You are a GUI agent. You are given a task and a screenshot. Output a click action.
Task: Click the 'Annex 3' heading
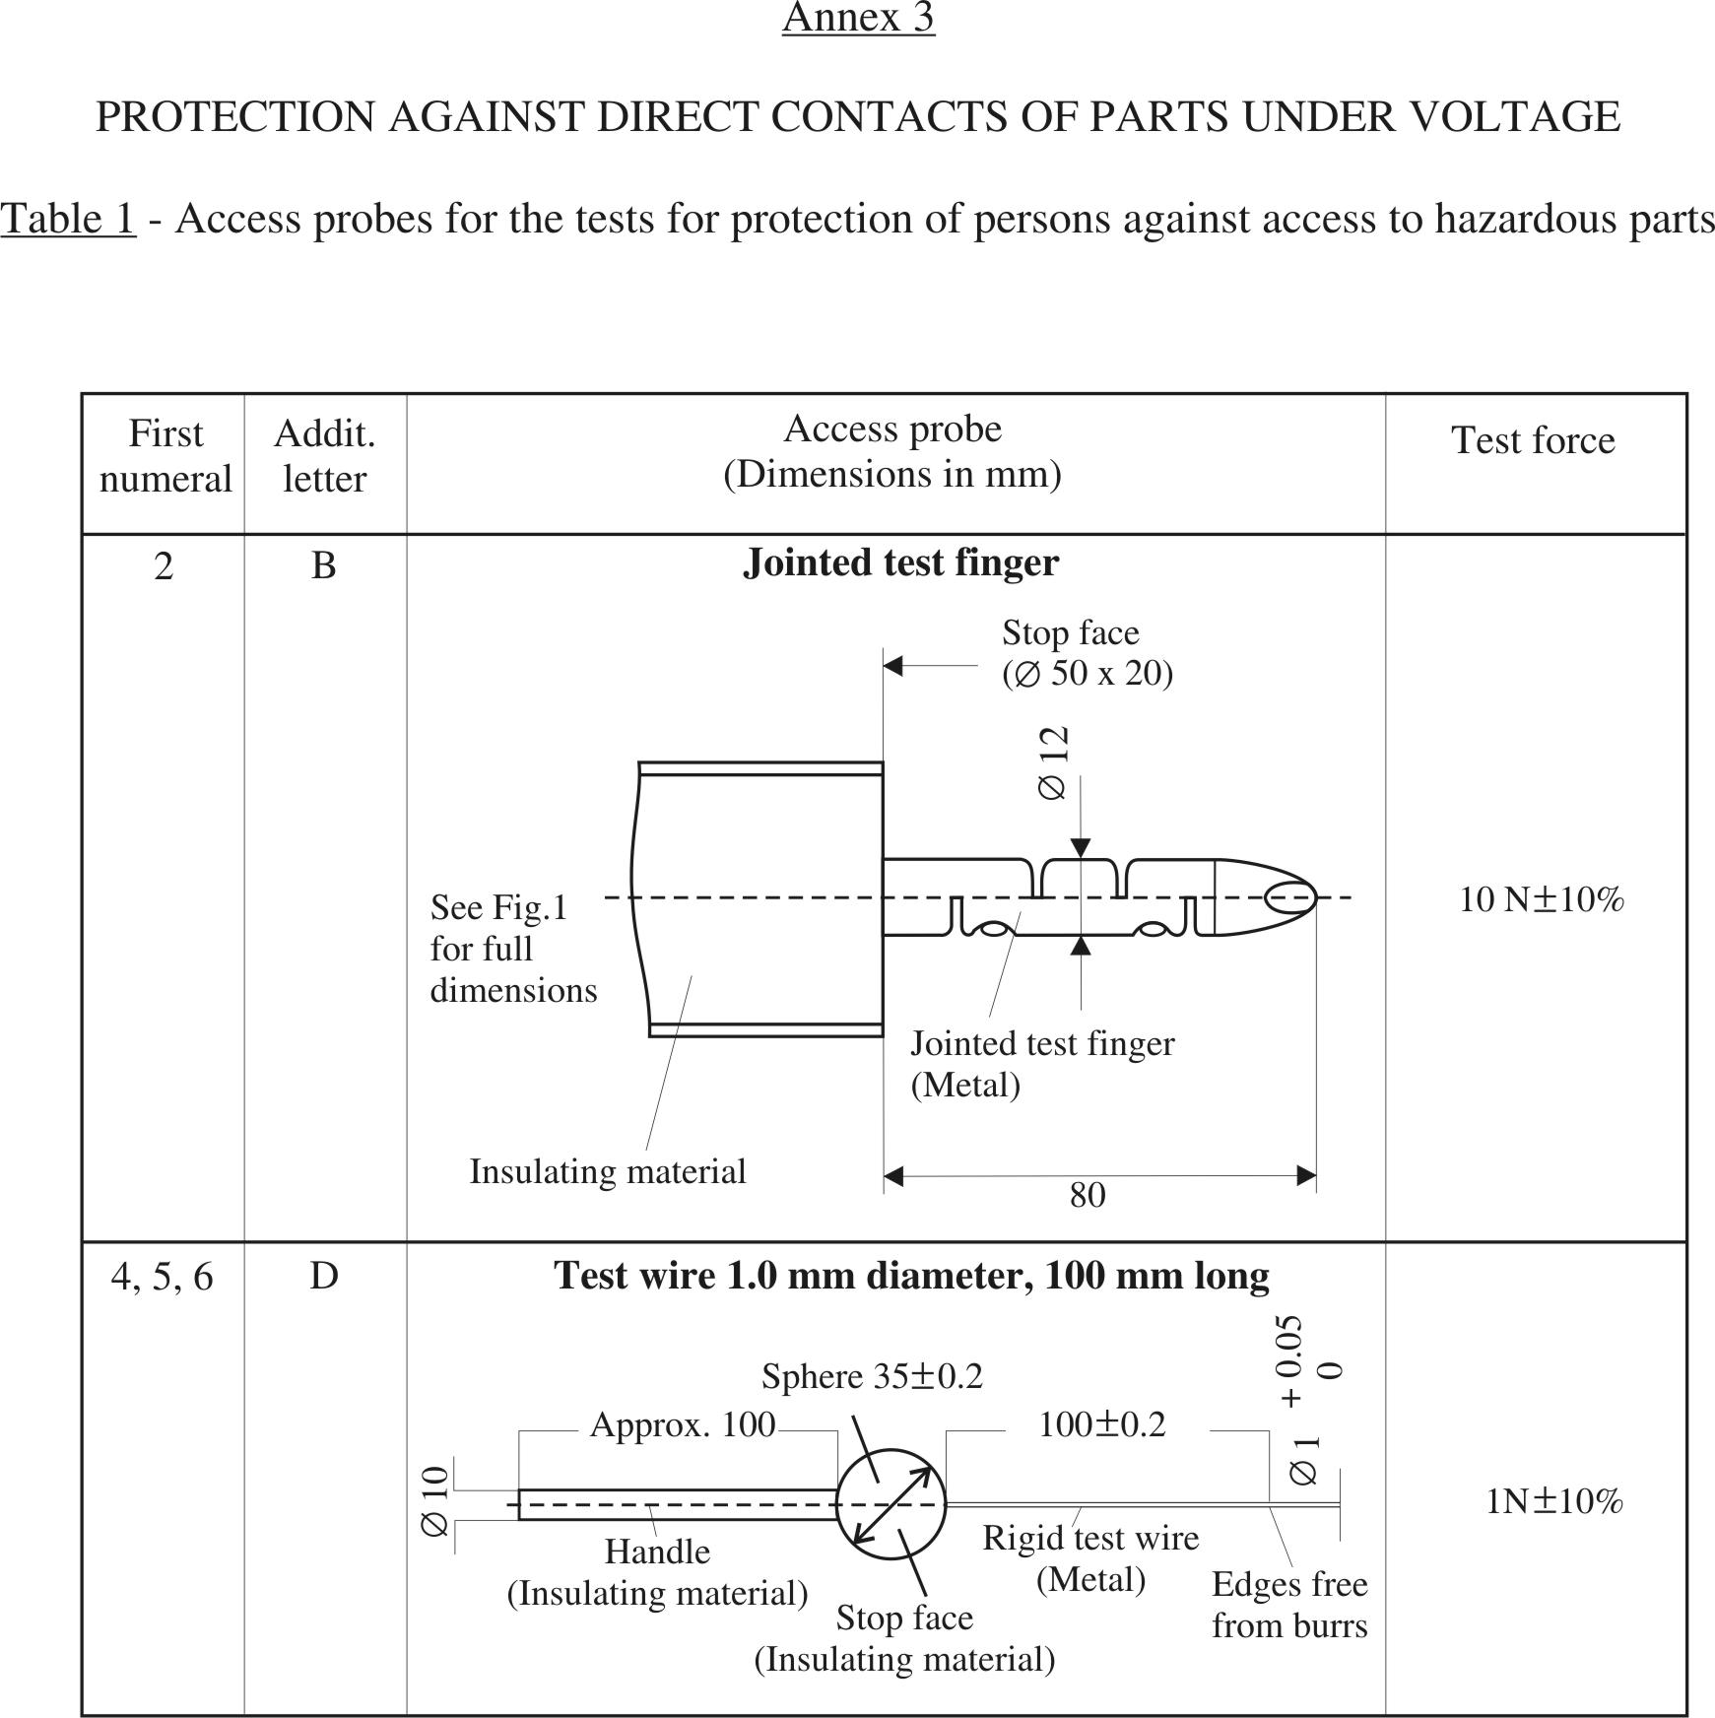point(858,18)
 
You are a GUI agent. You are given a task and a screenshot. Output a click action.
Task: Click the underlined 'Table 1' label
point(68,219)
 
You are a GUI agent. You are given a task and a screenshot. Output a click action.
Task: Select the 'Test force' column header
point(1533,440)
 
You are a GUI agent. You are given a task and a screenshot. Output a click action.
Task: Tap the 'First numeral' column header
point(165,456)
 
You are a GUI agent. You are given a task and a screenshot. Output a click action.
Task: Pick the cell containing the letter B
point(324,565)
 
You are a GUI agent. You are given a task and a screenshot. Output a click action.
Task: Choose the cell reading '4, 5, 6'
point(163,1277)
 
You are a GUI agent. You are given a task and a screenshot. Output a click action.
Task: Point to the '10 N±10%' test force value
point(1541,899)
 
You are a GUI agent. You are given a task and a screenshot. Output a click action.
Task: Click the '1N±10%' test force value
point(1553,1501)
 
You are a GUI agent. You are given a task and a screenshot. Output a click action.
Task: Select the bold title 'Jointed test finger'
point(900,562)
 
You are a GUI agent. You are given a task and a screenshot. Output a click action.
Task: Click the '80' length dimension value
point(1088,1195)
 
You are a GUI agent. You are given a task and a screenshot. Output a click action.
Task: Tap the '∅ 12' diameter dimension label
point(1053,763)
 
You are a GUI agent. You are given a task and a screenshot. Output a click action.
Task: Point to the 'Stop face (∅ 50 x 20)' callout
point(1087,653)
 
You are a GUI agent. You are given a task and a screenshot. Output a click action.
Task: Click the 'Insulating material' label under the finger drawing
point(607,1171)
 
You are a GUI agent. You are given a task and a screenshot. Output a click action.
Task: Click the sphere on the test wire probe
point(890,1504)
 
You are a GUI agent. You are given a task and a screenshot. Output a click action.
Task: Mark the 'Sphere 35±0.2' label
point(872,1376)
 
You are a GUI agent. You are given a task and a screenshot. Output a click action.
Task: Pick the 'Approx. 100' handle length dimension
point(682,1424)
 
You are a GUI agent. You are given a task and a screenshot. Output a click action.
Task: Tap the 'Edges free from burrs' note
point(1289,1605)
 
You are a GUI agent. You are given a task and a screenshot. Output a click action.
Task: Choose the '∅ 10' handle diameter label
point(435,1501)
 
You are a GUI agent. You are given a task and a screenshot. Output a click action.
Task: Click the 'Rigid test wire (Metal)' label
point(1090,1558)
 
